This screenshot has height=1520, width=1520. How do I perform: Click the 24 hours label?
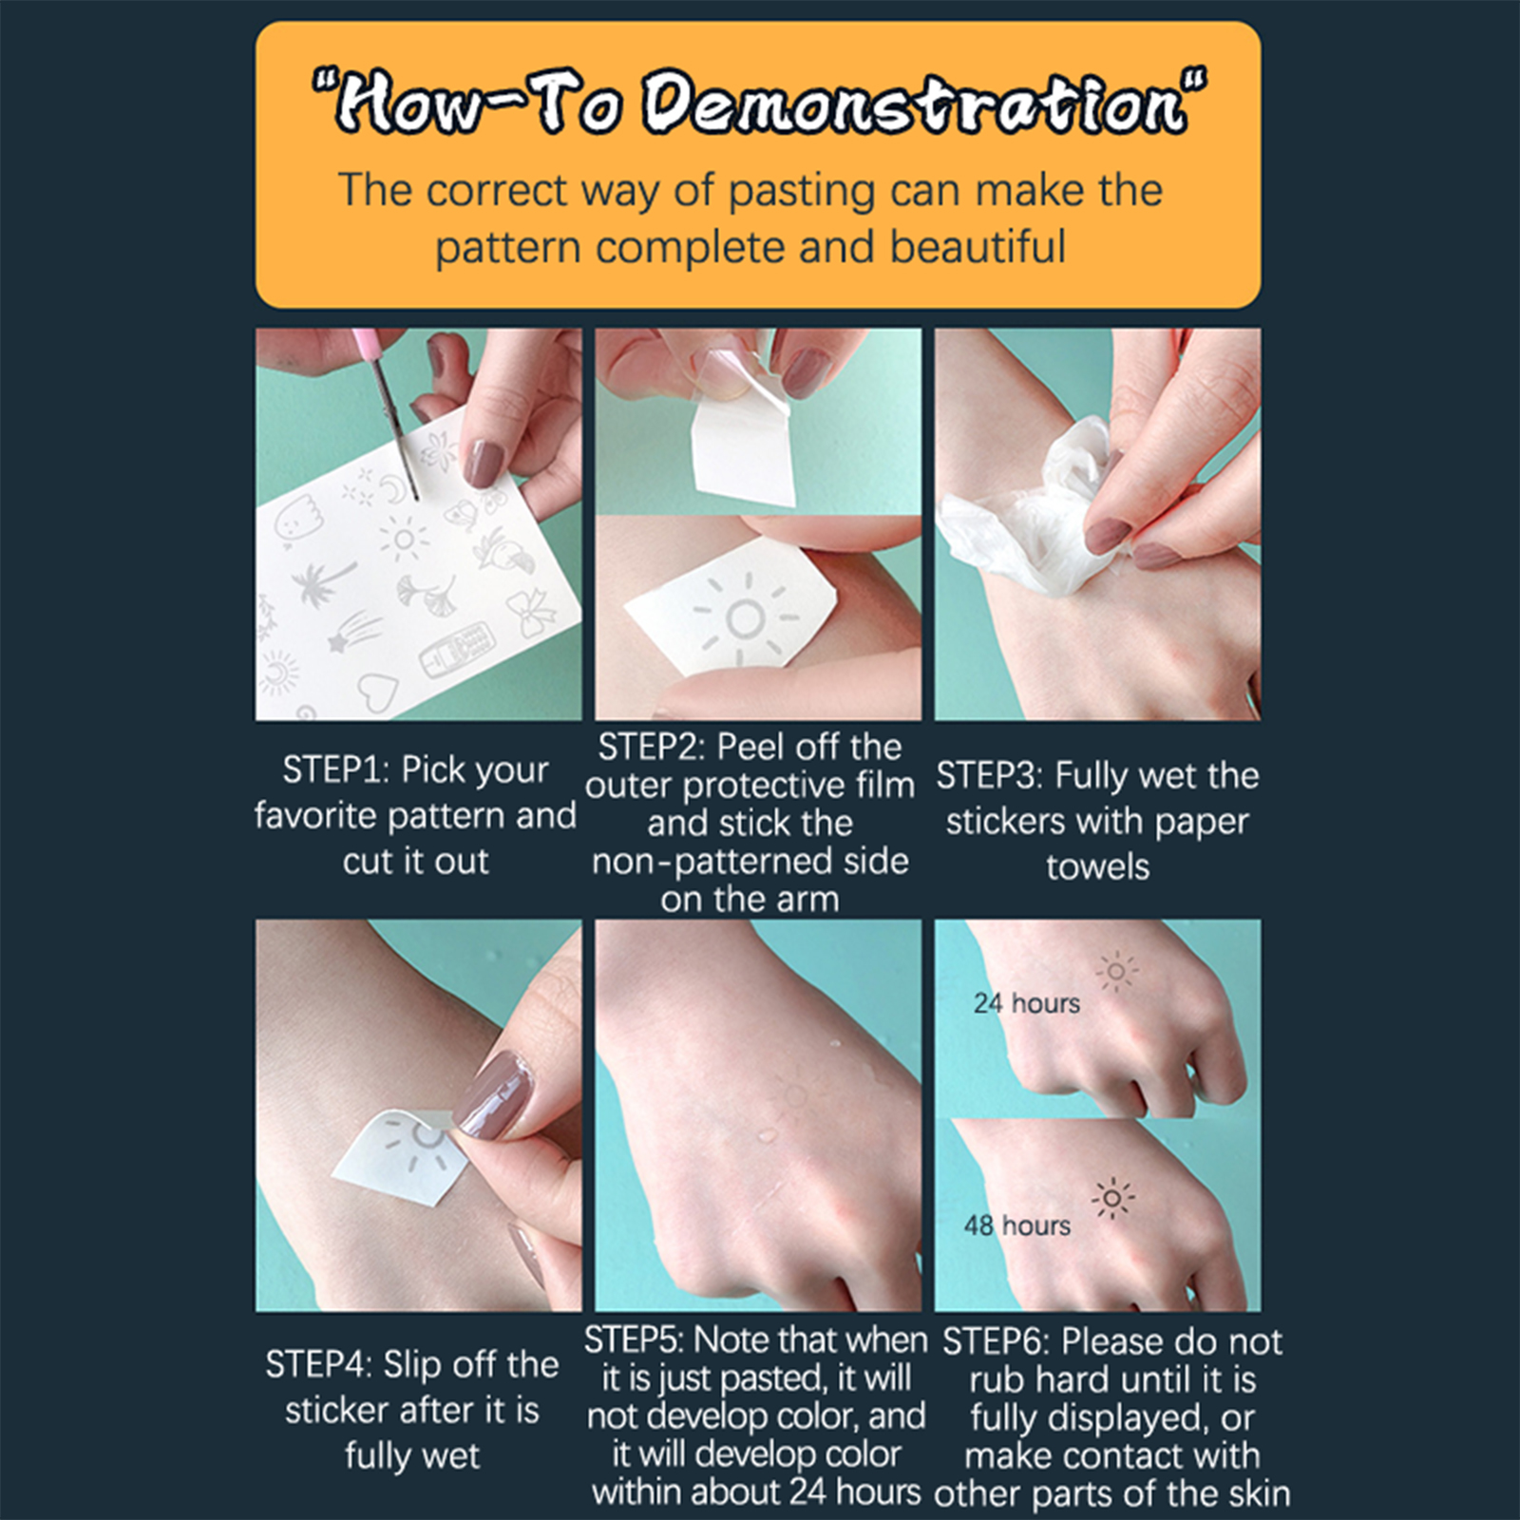coord(1027,1003)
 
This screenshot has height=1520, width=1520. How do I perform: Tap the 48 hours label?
coord(1017,1225)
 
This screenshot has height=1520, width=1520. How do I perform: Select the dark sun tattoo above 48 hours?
coord(1113,1199)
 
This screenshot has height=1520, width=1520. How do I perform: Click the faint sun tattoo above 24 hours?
coord(1116,972)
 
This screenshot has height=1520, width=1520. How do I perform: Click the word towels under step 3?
coord(1097,866)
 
